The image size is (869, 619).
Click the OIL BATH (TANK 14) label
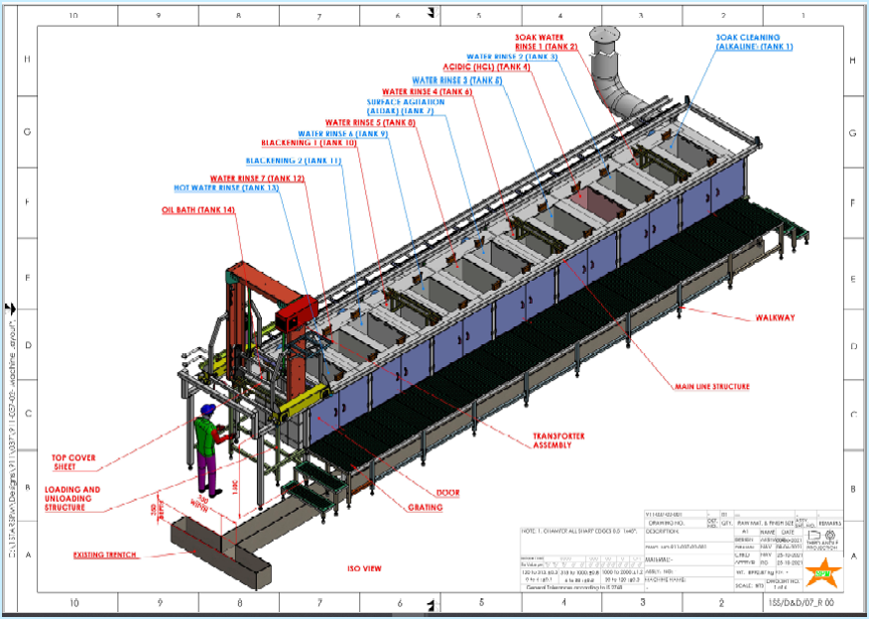[198, 210]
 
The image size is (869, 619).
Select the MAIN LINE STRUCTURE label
[711, 387]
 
